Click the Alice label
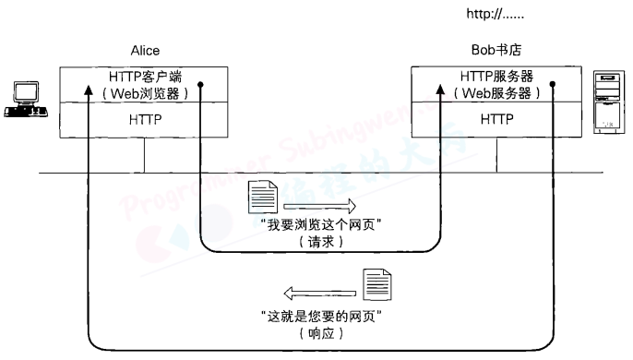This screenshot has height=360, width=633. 146,51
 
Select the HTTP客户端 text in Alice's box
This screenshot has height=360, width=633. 146,77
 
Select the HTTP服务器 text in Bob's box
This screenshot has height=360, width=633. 496,77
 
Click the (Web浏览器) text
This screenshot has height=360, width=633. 146,93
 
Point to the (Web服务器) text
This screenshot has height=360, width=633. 496,93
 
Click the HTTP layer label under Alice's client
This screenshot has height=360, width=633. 145,119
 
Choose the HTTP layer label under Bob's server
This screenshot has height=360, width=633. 496,119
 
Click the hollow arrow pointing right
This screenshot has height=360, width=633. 319,206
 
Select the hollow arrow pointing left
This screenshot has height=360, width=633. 318,293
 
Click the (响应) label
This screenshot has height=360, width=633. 320,332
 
